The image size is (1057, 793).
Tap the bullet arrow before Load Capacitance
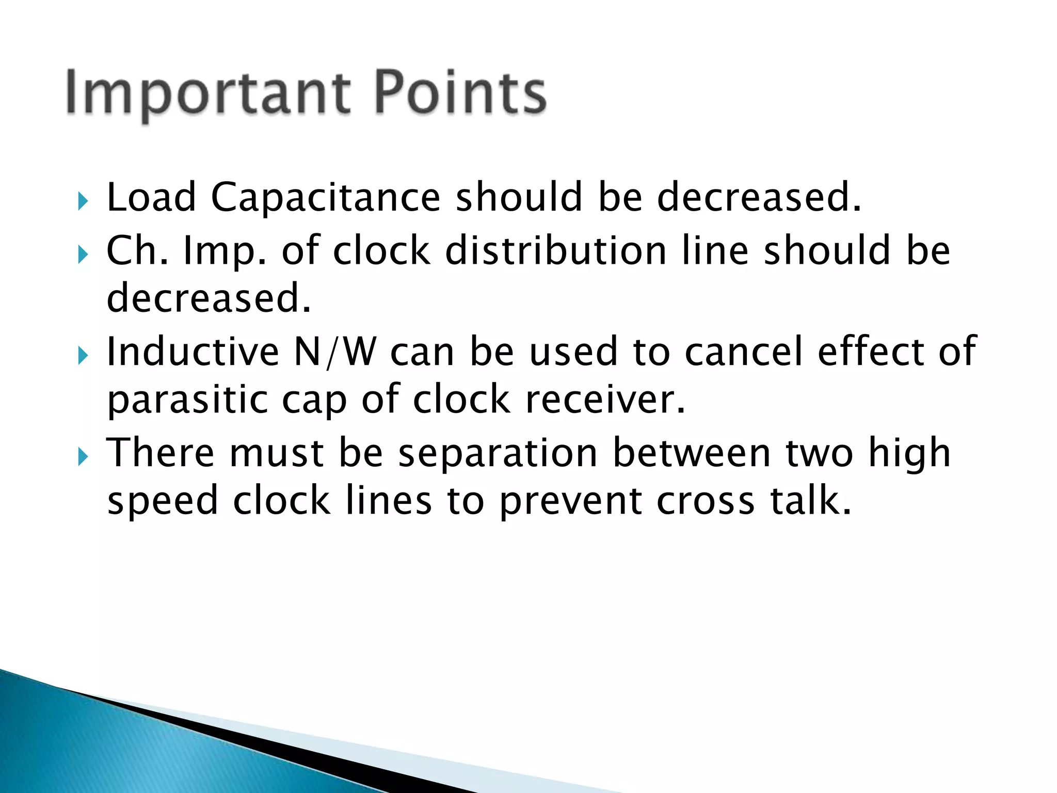[83, 201]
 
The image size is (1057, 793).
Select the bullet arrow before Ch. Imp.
[83, 255]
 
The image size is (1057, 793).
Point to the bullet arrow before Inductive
[83, 356]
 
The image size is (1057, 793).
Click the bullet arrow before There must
[83, 457]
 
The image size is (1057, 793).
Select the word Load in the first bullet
[151, 198]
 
